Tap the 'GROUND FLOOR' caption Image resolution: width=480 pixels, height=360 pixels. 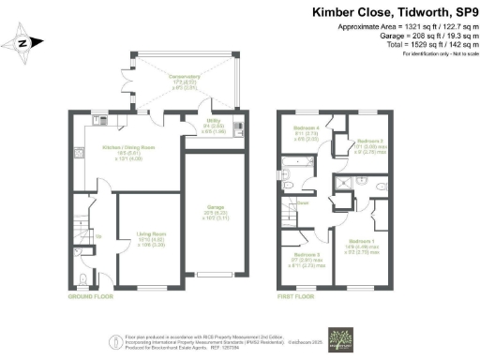click(x=92, y=296)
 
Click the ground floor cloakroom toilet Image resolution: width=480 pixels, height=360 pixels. click(x=83, y=278)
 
